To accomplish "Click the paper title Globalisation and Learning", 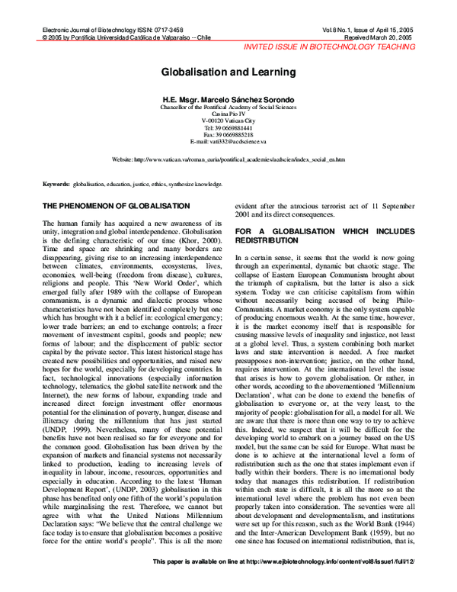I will click(x=228, y=69).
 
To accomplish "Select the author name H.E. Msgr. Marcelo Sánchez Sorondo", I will click(x=228, y=99).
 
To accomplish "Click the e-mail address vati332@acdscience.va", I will click(x=228, y=142).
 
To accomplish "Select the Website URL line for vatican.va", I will click(x=228, y=160).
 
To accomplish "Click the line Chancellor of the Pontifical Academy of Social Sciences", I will click(x=228, y=107).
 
